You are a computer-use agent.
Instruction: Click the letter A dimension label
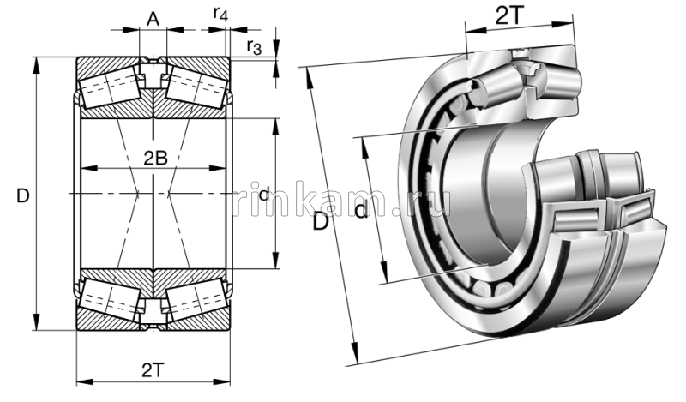click(153, 16)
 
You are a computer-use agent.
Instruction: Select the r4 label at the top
click(220, 14)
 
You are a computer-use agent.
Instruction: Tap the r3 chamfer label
click(253, 46)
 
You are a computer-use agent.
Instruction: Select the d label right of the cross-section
click(264, 195)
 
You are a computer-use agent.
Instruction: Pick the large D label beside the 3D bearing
click(321, 222)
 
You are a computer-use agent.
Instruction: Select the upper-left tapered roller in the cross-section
click(109, 87)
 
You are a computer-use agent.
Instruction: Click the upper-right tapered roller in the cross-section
click(196, 87)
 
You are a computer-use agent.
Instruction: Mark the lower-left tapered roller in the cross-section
click(109, 300)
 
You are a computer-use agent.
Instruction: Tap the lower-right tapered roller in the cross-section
click(196, 300)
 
